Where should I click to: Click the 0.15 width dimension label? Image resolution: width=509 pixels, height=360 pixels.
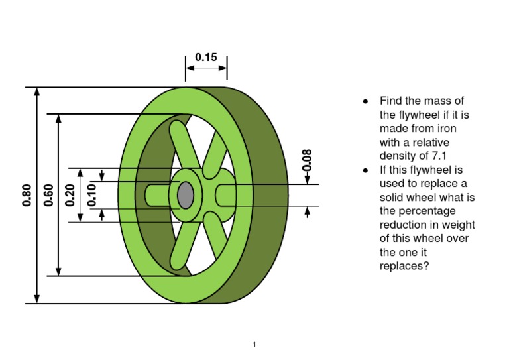click(x=206, y=57)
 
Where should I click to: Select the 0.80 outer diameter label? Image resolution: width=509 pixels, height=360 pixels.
click(x=27, y=195)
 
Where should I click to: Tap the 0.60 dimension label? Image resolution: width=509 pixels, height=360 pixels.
click(x=48, y=195)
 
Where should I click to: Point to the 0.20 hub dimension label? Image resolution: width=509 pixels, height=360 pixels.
click(x=70, y=195)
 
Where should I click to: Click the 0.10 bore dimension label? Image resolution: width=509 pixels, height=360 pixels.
click(x=92, y=194)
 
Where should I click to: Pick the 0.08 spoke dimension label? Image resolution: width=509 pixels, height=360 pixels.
click(x=307, y=160)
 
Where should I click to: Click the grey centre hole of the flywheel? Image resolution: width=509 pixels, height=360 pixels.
click(x=186, y=195)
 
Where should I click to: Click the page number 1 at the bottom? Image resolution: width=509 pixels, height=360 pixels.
click(x=254, y=345)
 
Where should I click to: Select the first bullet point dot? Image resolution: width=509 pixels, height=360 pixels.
click(x=365, y=101)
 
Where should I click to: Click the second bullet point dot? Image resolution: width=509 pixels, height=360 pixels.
click(x=365, y=170)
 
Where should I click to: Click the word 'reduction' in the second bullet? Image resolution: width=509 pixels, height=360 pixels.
click(x=401, y=225)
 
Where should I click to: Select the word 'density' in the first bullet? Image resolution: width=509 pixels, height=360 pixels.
click(x=398, y=156)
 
